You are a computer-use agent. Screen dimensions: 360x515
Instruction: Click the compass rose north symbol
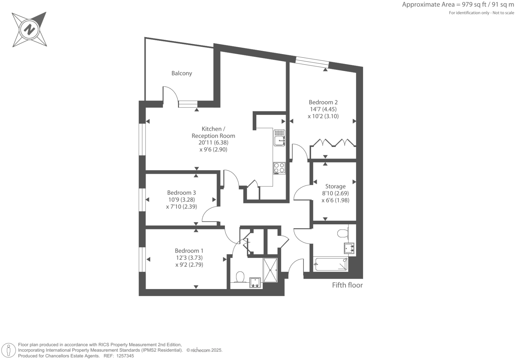point(29,30)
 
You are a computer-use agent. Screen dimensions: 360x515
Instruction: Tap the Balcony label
point(181,73)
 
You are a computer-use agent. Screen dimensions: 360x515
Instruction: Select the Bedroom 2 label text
point(323,102)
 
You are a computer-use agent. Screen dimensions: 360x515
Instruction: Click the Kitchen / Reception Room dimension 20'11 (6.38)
point(213,143)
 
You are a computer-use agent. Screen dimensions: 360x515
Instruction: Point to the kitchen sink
point(279,138)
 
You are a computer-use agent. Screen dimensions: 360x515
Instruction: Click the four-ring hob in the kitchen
point(279,168)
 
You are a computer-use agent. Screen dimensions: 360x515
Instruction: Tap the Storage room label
point(335,186)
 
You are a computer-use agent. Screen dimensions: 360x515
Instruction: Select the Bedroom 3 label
point(181,193)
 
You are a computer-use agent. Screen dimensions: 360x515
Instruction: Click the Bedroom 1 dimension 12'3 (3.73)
point(189,258)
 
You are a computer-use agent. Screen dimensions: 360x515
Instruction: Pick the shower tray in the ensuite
point(270,270)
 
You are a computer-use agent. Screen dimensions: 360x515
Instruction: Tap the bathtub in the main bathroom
point(331,264)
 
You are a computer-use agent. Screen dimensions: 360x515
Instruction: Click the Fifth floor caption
point(347,285)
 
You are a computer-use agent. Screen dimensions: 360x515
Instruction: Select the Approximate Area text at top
point(458,5)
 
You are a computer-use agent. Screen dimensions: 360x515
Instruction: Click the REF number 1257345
point(124,356)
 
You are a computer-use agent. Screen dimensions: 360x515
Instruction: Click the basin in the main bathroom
point(349,248)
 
